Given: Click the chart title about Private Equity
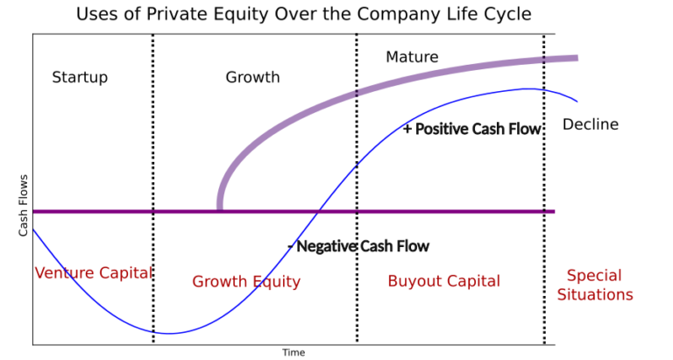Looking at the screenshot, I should point(303,14).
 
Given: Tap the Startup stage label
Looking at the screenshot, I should point(80,77).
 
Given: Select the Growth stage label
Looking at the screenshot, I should point(252,77).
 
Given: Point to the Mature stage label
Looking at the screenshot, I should point(412,58).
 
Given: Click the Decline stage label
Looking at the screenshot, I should point(590,124).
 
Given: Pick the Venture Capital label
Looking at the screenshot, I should point(93,272).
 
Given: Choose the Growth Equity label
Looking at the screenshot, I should point(246,281).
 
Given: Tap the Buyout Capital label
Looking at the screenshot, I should point(443,281).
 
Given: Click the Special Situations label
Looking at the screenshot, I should point(595,285).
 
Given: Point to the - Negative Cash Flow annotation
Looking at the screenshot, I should point(358,246).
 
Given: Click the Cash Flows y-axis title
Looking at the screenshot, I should point(24,206).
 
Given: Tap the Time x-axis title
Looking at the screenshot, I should point(294,352).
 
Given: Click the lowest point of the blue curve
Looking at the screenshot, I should point(170,333).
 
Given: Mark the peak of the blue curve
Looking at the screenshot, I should point(528,88).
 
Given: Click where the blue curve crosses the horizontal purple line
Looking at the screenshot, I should point(320,211).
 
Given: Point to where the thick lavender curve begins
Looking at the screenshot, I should point(219,208).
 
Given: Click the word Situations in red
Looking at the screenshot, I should point(595,295).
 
